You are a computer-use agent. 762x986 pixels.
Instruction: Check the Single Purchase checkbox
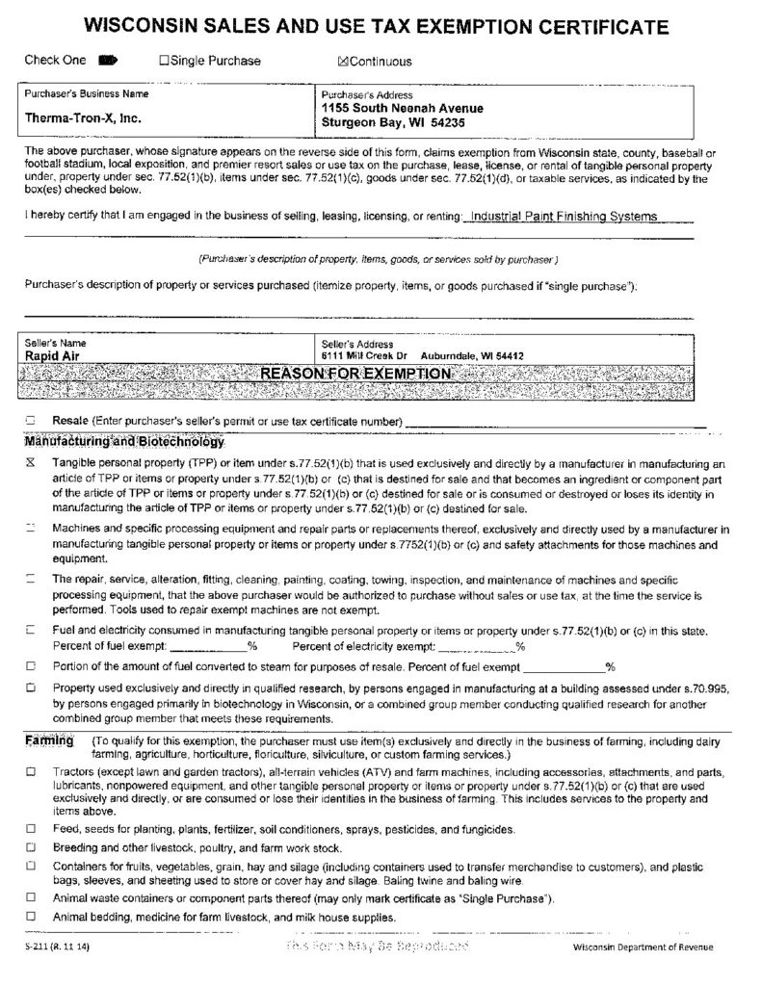[164, 62]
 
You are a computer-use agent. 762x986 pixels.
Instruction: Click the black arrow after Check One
[107, 61]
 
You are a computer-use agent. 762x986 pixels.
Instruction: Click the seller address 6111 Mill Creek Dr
[365, 355]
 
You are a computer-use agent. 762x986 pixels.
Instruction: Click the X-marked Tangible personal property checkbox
[31, 463]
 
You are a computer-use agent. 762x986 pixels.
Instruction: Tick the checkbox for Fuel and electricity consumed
[31, 631]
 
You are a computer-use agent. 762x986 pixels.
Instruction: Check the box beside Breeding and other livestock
[31, 848]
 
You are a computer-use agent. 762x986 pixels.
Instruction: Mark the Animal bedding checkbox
[31, 917]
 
